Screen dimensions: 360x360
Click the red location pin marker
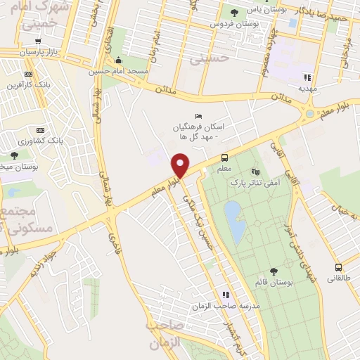tap(181, 166)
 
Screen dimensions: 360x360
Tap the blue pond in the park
tap(235, 221)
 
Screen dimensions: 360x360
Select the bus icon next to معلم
tap(224, 157)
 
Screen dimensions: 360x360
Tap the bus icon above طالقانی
tap(339, 267)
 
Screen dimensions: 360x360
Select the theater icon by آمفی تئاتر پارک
tap(255, 171)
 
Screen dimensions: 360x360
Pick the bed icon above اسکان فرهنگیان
tap(198, 117)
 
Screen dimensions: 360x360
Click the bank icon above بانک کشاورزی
tap(40, 130)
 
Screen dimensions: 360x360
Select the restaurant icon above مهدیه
tap(307, 77)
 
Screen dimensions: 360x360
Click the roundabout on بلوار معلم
tap(309, 114)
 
